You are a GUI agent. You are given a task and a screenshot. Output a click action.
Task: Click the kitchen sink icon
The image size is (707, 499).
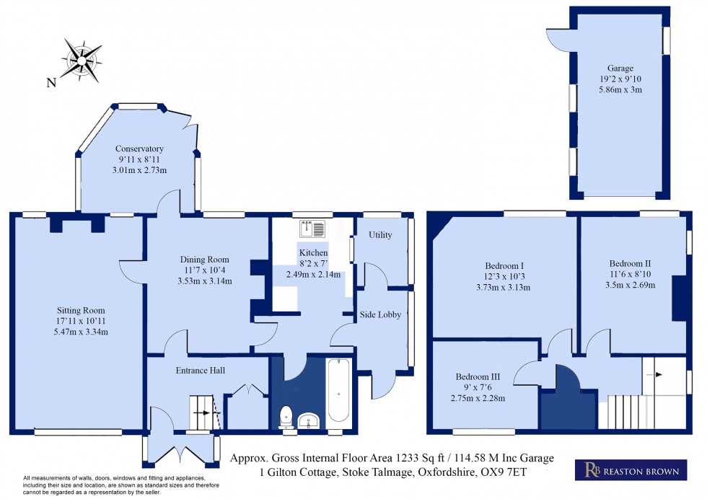[315, 229]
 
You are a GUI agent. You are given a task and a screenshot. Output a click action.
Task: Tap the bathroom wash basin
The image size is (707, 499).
[311, 420]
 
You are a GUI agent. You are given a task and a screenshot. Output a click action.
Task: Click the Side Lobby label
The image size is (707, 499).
[380, 314]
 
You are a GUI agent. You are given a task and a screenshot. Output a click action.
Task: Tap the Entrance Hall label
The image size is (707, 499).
[201, 370]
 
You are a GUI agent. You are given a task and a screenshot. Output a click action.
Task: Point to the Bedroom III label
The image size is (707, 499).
[482, 376]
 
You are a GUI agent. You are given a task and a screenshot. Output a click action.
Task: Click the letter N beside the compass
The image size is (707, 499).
[51, 83]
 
